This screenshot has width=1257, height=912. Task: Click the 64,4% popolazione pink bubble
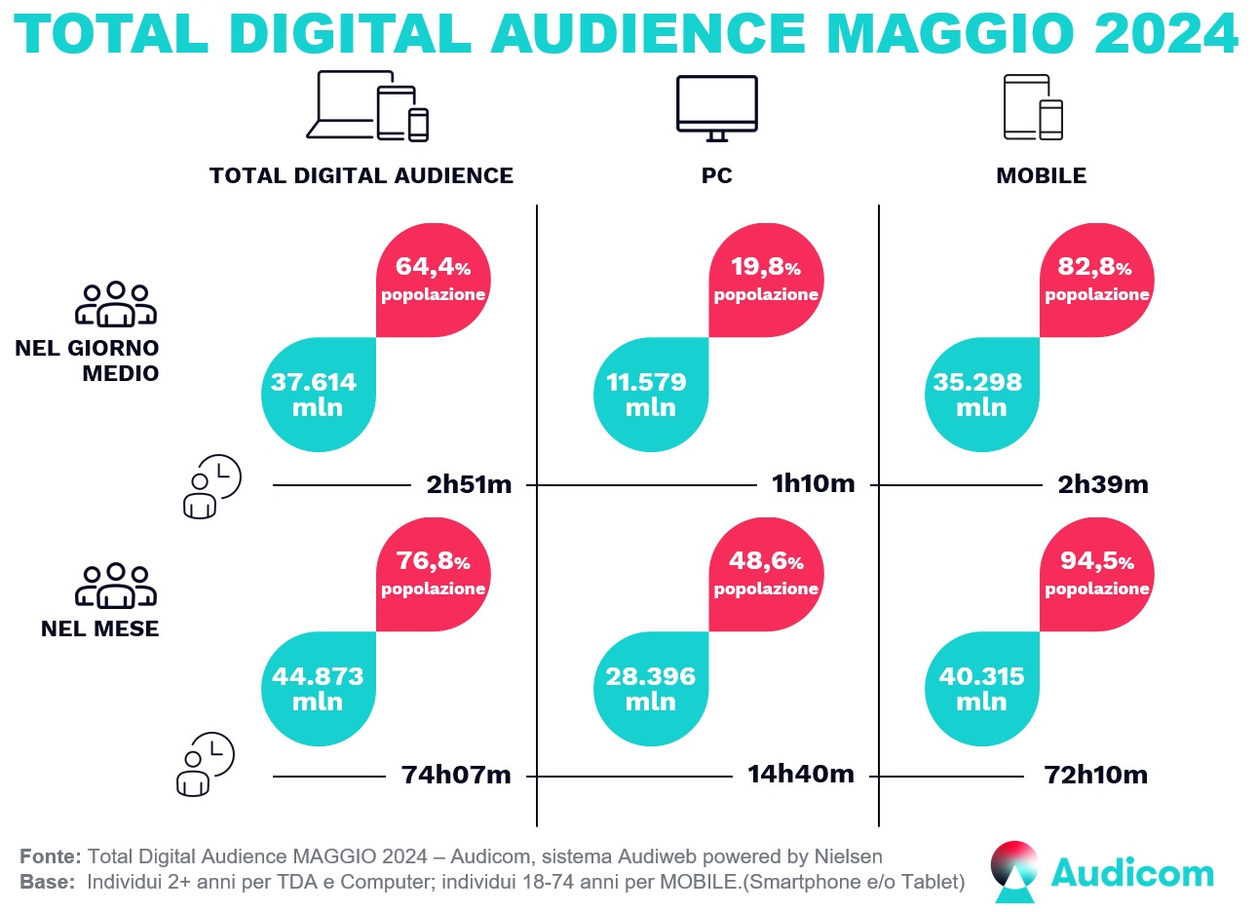[433, 280]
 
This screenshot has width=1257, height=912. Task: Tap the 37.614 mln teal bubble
[318, 395]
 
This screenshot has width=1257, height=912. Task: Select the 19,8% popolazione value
[766, 280]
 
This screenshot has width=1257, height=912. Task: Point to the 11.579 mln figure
[649, 395]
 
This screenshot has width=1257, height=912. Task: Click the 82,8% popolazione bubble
[1096, 280]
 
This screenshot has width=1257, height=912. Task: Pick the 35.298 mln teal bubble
[980, 395]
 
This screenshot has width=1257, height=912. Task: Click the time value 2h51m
[469, 484]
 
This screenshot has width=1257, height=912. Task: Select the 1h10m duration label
[813, 483]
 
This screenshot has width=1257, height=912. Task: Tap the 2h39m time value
[1103, 484]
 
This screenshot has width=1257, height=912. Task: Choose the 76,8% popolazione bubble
[433, 574]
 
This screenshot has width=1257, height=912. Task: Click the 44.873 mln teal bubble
[318, 689]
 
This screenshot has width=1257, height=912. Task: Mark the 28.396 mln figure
[650, 689]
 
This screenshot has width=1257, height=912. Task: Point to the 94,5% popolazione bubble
[1096, 574]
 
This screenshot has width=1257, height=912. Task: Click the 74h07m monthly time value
[456, 776]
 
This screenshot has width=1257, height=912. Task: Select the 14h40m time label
[801, 775]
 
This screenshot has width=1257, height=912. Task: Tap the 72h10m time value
[1095, 776]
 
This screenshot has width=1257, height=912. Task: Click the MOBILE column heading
[1041, 176]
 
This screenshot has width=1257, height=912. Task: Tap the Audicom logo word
[1132, 873]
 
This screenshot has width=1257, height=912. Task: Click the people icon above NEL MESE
[116, 586]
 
